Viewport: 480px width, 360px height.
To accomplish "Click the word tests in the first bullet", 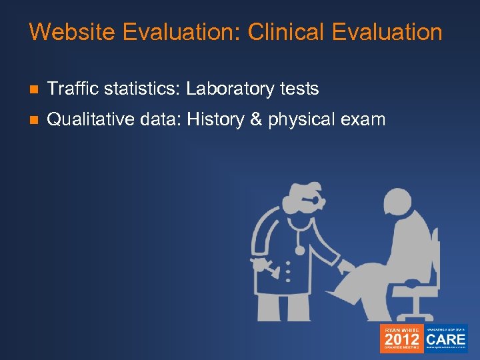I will tap(301, 88).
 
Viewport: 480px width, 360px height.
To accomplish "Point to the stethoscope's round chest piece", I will tap(300, 250).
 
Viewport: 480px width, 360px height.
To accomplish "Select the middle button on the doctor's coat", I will tap(287, 271).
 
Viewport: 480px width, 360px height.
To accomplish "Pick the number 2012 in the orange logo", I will tap(401, 340).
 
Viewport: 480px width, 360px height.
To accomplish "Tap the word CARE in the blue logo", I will tap(447, 338).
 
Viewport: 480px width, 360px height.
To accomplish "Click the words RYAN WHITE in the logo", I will tap(401, 329).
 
